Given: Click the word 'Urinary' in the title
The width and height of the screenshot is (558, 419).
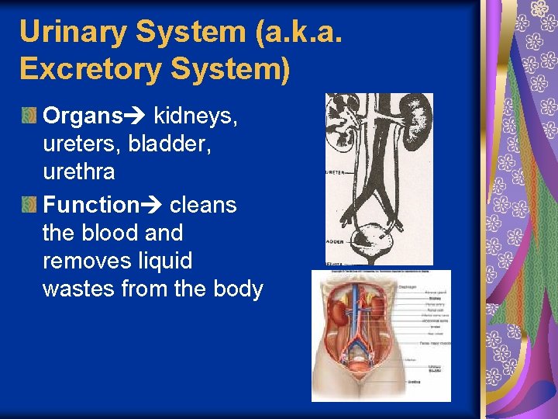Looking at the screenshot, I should [x=71, y=32].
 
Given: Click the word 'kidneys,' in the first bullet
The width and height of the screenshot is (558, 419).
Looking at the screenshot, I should [x=195, y=116].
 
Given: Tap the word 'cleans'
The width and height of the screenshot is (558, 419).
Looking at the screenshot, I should [x=203, y=205].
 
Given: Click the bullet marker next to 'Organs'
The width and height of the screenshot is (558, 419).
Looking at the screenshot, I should [x=28, y=116].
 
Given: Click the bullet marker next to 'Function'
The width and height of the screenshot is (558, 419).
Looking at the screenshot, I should [x=28, y=205].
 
